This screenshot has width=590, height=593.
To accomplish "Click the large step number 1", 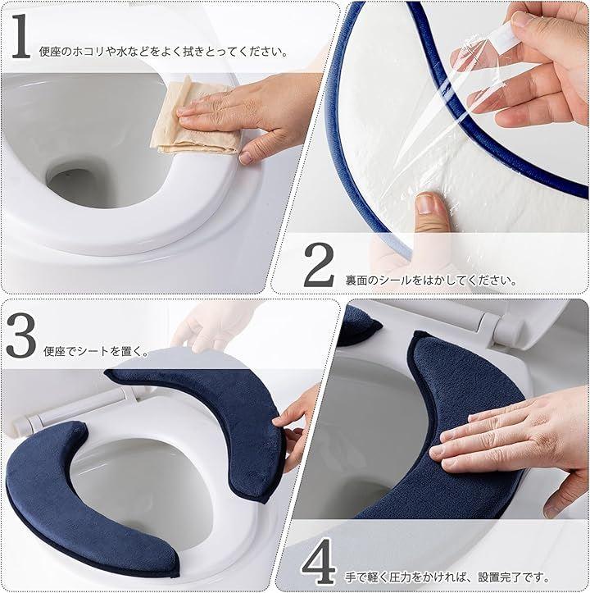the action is [21, 36].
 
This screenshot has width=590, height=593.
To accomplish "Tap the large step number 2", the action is [319, 265].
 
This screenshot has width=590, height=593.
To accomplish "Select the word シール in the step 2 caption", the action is [395, 281].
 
